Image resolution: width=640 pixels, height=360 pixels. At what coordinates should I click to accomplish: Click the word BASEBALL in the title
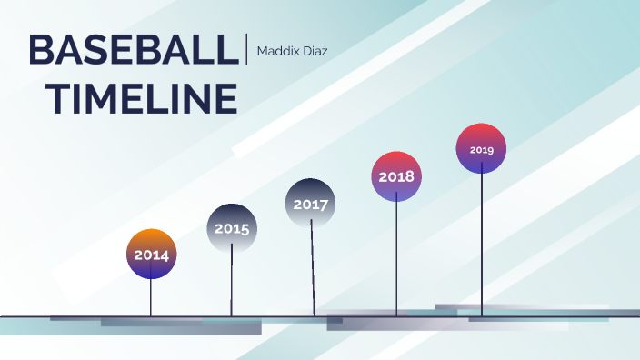(132, 50)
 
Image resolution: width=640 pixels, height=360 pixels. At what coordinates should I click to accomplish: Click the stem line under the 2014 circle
(151, 297)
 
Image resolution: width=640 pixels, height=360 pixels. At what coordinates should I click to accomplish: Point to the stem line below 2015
(232, 282)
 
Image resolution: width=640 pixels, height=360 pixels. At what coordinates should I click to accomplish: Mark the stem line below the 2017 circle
(313, 268)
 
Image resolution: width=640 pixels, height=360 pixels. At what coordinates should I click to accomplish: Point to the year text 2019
(481, 149)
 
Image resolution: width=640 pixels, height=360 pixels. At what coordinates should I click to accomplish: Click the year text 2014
(151, 255)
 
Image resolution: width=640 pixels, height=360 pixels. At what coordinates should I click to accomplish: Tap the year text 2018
(396, 176)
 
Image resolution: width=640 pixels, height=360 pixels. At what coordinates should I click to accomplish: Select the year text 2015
(232, 229)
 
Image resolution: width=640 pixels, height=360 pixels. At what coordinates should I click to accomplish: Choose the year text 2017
(311, 205)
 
